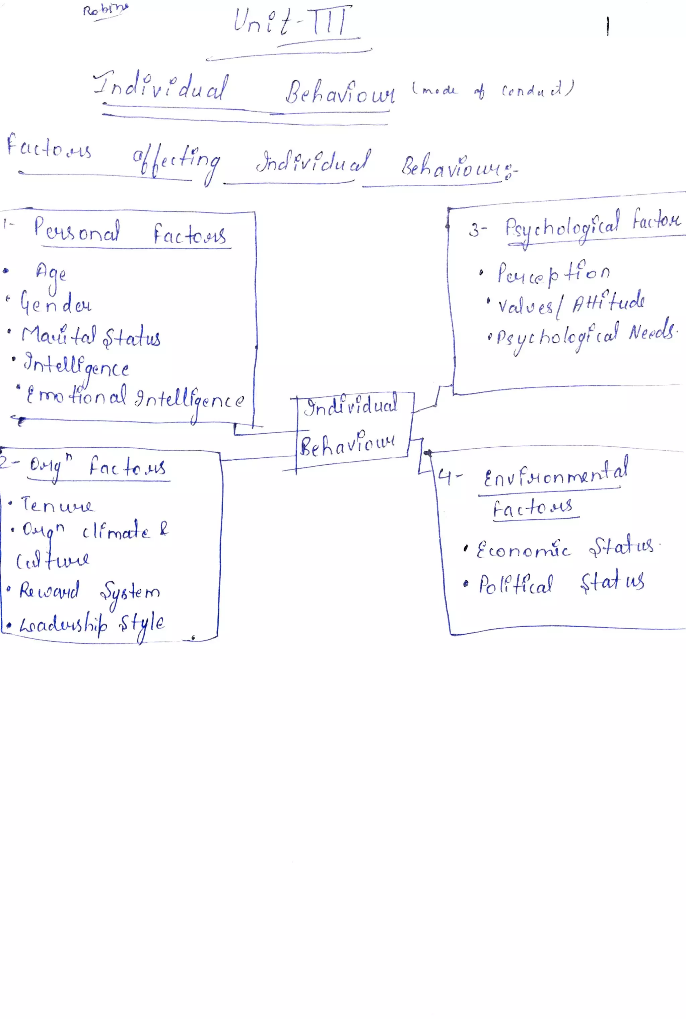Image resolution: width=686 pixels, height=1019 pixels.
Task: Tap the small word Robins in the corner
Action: pos(106,10)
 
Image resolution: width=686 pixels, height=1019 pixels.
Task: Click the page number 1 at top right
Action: pos(607,26)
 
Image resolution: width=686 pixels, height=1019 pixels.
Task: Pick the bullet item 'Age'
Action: pos(51,274)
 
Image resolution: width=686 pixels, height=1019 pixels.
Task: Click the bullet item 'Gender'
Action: pos(56,303)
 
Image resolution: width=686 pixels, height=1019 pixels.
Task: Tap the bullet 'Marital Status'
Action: pos(91,337)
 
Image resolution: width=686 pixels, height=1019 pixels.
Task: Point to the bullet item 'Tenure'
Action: pos(57,505)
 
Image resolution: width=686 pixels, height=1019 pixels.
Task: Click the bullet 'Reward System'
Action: pos(89,591)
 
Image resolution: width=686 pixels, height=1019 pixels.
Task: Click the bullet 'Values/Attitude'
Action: pos(571,304)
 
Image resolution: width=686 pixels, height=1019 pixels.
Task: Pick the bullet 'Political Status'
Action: pos(561,584)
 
